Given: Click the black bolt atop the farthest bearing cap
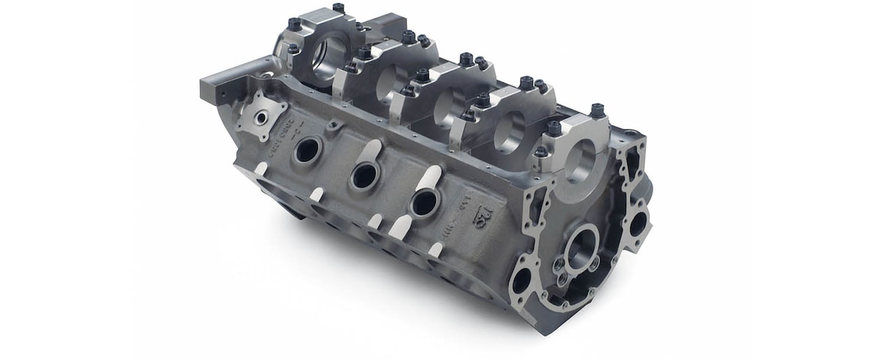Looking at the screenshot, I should click(x=338, y=8).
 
